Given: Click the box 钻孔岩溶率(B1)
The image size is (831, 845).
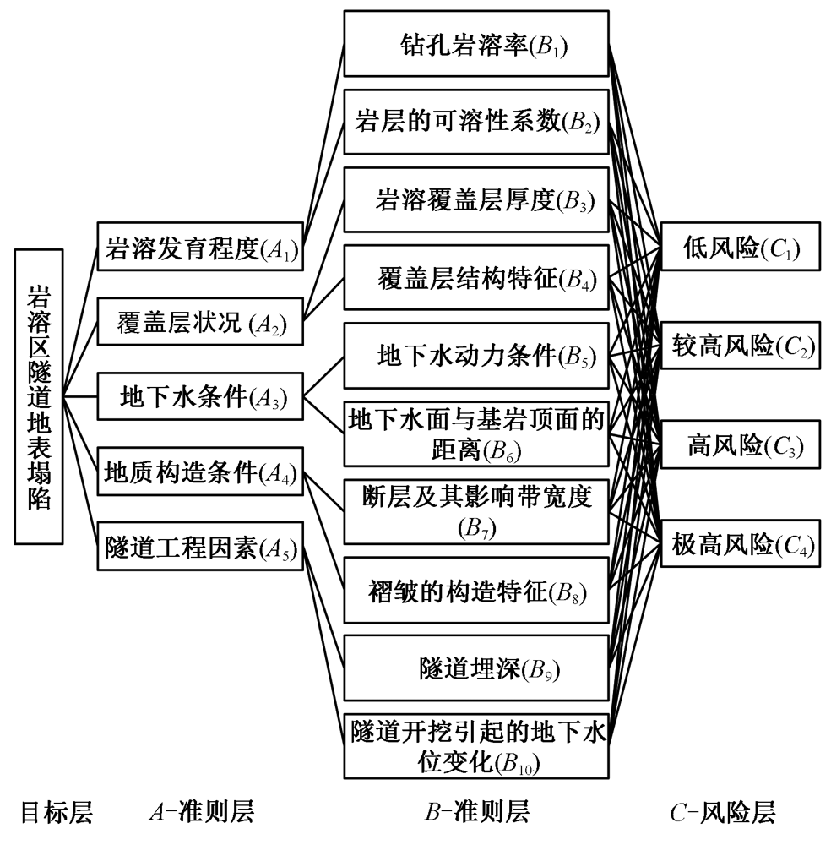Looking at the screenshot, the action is pos(476,43).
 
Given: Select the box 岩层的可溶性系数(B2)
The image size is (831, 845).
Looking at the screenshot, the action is pos(476,122).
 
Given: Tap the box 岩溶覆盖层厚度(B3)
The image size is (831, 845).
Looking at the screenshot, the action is pos(476,200).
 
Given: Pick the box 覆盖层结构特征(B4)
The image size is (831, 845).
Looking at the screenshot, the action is pos(476,277).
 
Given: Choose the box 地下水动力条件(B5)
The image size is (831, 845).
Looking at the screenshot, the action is pos(476,356).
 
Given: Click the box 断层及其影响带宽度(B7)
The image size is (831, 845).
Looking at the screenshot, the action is pos(476,511).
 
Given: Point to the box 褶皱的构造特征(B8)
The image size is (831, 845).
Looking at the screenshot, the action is pos(476,591).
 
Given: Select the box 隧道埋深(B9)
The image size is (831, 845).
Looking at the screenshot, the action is pos(476,668).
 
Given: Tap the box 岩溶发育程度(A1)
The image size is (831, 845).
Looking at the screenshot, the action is pos(200,246).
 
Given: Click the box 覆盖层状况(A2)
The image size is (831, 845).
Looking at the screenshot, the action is pos(200,322).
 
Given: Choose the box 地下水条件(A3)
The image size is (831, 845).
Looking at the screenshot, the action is pos(200,396).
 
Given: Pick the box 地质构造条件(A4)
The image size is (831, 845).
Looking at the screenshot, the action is pos(200,471).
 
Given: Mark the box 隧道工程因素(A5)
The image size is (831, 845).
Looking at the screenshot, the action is pos(200,546).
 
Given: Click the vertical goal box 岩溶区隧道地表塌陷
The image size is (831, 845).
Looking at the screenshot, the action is pos(39,396).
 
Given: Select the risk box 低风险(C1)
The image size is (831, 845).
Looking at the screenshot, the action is pos(741,246).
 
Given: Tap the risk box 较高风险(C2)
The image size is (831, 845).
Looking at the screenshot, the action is pos(741,346).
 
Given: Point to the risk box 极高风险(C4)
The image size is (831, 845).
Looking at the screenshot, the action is pos(741,543).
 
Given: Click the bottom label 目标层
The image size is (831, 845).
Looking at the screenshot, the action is pos(57,812).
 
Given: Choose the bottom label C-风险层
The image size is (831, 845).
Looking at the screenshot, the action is pos(723,812).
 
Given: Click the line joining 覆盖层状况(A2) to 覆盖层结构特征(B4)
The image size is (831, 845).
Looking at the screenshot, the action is pos(323,300).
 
